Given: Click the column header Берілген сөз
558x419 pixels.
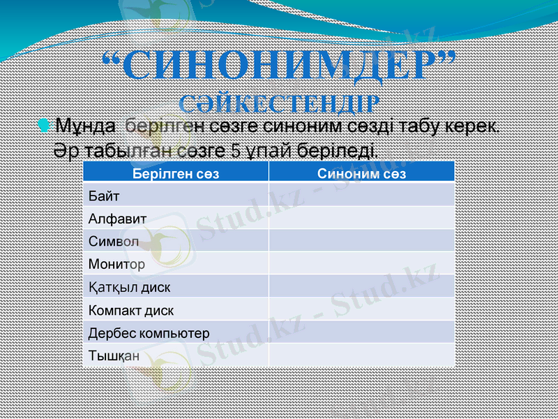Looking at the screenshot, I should point(175,174).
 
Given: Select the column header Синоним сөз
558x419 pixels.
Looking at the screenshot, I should point(361,174).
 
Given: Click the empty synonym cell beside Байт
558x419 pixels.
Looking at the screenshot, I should point(361,196).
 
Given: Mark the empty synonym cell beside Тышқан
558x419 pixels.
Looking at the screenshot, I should point(361,355).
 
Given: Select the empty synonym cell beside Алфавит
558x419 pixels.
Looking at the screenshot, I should point(361,219).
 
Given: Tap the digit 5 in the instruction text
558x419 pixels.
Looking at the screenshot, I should point(236,150).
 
